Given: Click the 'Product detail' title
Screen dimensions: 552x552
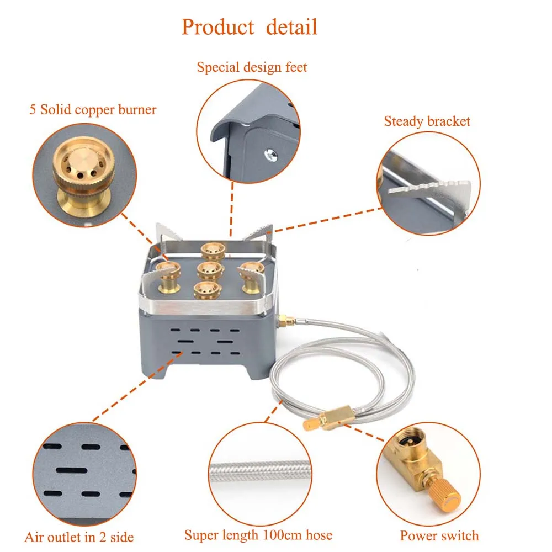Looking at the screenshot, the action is point(250,26).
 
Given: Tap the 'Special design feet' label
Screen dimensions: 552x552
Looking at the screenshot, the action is point(252,67).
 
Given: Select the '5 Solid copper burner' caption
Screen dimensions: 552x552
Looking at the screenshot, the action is point(93,109).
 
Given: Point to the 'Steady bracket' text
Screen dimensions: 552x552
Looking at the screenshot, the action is point(427,121).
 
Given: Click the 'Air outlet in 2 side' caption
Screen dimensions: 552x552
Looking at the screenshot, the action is point(79,537).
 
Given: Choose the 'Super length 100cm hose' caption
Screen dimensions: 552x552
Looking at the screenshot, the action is point(258,535).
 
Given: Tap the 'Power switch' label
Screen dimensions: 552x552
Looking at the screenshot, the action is point(439,535).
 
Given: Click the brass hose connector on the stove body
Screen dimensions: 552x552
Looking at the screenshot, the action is point(284,321).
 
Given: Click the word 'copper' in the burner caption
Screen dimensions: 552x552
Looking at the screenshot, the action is point(94,109).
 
